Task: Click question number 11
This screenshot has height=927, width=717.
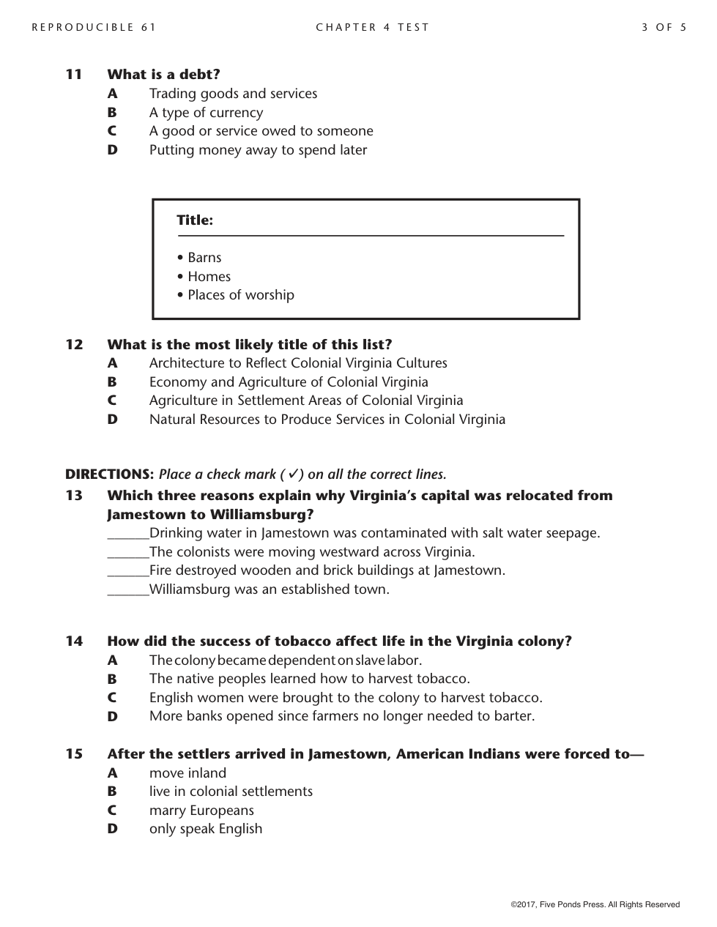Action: pyautogui.click(x=74, y=75)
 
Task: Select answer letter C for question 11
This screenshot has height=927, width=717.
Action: pyautogui.click(x=112, y=131)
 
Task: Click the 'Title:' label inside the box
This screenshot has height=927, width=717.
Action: pyautogui.click(x=195, y=220)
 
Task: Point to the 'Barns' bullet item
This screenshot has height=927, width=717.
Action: pyautogui.click(x=204, y=258)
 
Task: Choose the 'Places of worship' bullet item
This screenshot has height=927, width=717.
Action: pyautogui.click(x=240, y=295)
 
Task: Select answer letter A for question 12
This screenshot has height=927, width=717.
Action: pyautogui.click(x=112, y=363)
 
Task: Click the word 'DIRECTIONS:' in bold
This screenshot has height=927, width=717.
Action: pyautogui.click(x=110, y=474)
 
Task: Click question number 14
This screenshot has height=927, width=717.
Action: pyautogui.click(x=74, y=641)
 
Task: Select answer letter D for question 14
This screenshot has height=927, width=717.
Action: pyautogui.click(x=112, y=717)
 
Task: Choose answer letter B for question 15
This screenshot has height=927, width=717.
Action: pyautogui.click(x=112, y=792)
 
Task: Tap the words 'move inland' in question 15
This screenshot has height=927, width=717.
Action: pyautogui.click(x=187, y=773)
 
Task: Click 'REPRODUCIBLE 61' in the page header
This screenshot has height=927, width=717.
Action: pyautogui.click(x=94, y=28)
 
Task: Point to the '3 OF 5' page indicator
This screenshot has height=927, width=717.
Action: pyautogui.click(x=664, y=28)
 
